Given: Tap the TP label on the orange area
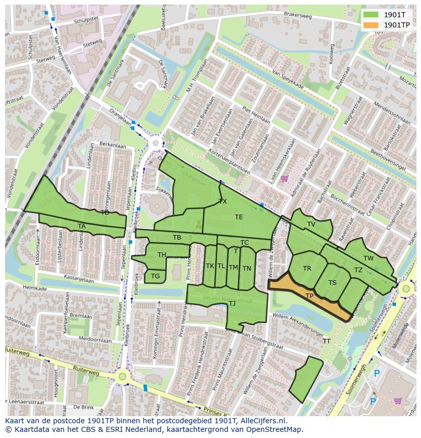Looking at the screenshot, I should [x=309, y=296].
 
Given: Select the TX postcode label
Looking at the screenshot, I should [x=223, y=201].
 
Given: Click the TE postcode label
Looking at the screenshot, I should [x=239, y=217].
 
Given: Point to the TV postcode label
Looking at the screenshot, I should [x=311, y=224].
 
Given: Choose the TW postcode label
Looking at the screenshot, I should [x=369, y=258].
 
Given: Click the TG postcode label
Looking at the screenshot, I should [x=156, y=276].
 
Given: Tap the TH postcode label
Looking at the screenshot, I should [x=162, y=255].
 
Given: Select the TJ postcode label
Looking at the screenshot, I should [x=232, y=304].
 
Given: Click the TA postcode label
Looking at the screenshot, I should [x=82, y=226].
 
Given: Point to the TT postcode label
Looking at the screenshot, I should [x=326, y=341].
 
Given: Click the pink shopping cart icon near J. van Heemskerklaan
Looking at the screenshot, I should [x=284, y=178].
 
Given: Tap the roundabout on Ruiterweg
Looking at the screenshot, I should [x=122, y=377].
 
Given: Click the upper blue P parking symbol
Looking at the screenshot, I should [x=377, y=374].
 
